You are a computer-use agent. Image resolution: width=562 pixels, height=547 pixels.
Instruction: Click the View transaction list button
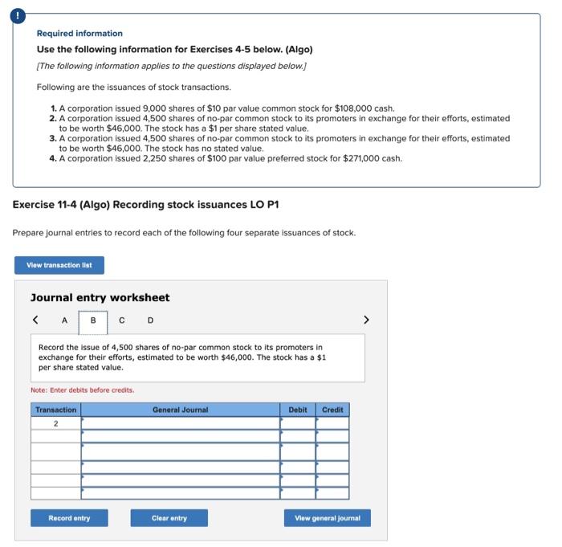[59, 265]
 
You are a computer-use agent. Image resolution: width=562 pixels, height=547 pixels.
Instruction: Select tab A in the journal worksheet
[64, 320]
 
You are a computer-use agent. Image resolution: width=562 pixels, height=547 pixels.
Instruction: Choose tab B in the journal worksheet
[93, 320]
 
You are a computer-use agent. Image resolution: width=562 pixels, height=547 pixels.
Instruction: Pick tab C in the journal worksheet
[121, 320]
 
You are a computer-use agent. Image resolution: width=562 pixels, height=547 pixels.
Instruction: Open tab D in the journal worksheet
[149, 320]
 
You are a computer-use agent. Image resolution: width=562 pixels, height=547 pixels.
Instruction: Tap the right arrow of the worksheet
[366, 320]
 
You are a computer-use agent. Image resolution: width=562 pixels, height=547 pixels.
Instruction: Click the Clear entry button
[169, 518]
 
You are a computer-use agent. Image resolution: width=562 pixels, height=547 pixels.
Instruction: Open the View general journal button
[327, 518]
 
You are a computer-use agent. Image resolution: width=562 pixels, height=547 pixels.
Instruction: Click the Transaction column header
[56, 410]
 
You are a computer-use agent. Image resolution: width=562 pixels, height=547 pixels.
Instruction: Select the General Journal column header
[180, 410]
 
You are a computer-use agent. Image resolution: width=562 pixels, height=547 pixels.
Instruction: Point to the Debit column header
[298, 410]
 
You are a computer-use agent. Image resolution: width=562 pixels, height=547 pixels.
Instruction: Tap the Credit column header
[332, 410]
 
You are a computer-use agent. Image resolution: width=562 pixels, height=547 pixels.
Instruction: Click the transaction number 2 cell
[56, 423]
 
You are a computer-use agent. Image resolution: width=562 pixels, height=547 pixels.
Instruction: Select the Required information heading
[79, 33]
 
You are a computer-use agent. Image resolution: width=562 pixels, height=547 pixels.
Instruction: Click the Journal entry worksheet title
[100, 297]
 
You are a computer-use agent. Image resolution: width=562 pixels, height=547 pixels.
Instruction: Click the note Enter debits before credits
[83, 390]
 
